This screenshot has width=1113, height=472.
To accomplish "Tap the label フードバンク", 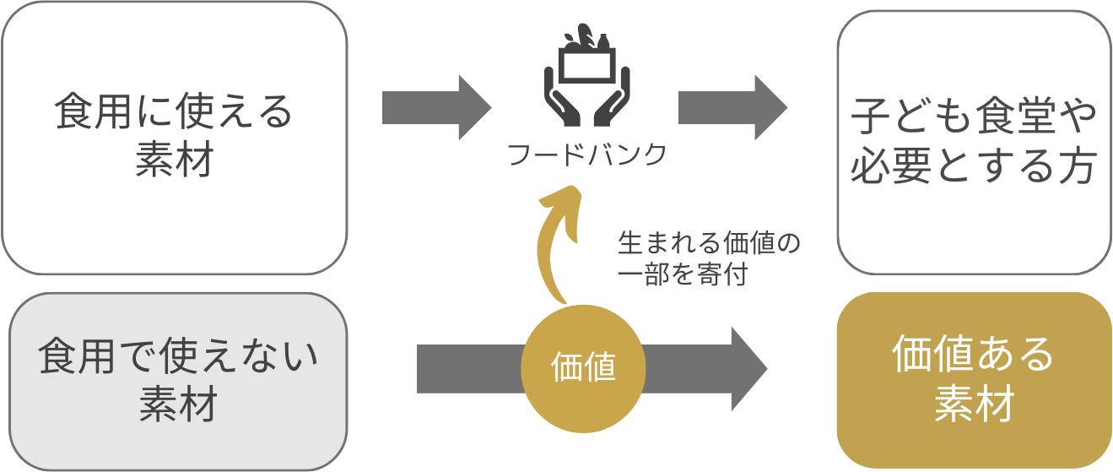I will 587,155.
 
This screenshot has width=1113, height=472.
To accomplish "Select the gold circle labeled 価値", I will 583,367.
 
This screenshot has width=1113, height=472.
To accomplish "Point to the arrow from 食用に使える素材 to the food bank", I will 435,107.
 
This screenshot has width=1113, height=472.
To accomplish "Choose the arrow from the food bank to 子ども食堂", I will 732,107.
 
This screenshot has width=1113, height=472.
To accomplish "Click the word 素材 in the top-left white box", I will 174,159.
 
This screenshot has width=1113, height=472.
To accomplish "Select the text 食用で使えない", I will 178,357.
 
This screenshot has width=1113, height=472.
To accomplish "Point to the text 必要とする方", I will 974,166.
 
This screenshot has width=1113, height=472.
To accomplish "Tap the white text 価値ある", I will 973,355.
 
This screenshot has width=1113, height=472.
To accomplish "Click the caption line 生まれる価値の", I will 708,244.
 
